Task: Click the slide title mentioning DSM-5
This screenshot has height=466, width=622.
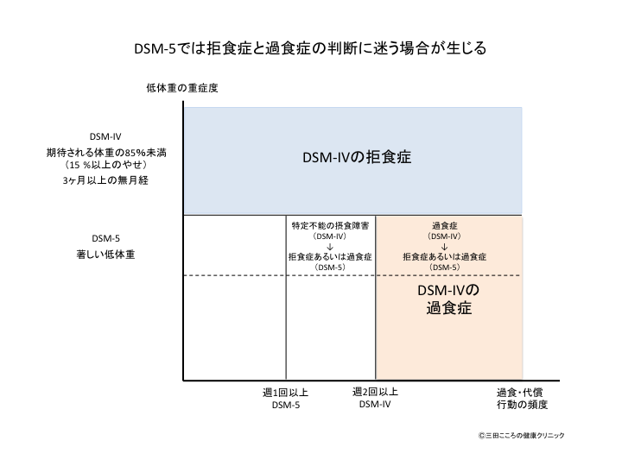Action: point(311,48)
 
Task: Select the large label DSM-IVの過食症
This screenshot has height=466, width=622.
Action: point(447,298)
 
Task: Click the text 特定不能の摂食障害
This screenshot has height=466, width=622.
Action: point(331,225)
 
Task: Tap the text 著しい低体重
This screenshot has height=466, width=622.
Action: point(106,255)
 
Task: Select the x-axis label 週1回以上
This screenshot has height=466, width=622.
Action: point(285,393)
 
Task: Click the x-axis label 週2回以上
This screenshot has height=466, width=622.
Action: point(376,392)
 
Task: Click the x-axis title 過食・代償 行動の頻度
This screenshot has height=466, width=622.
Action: point(522,399)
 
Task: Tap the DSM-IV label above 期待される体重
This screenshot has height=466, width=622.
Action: point(106,137)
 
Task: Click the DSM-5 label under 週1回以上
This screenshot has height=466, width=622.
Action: point(285,406)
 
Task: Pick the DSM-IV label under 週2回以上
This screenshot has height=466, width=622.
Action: point(376,405)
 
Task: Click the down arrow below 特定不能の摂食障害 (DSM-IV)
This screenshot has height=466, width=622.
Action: point(331,247)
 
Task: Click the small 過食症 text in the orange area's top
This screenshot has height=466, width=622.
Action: point(443,225)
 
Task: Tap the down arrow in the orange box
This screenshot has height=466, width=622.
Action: point(443,247)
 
